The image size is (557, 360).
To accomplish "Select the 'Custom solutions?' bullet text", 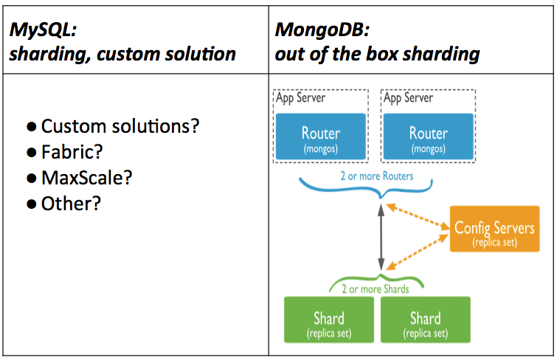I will tap(120, 126).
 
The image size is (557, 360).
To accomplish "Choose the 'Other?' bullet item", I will tap(71, 204).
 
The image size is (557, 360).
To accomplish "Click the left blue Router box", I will tap(321, 136).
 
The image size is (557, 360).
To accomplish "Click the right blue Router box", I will tap(428, 136).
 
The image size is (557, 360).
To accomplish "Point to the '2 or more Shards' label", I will tap(381, 289).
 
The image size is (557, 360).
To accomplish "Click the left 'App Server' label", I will tap(300, 97).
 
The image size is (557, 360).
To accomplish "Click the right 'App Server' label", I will tap(408, 97).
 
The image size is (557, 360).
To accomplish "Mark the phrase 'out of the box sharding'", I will tap(377, 54).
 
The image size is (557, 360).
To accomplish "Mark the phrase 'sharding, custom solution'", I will tap(122, 54).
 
